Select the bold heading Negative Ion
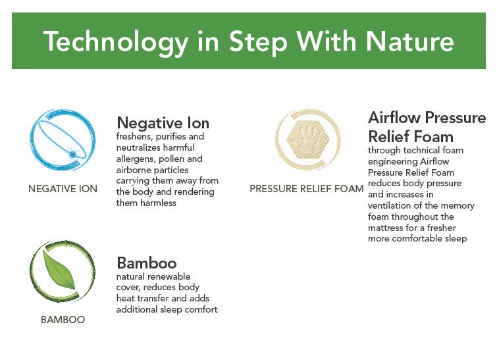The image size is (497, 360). [x=163, y=123]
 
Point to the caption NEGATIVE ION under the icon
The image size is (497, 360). [x=63, y=189]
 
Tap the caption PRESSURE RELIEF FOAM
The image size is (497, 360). [x=307, y=189]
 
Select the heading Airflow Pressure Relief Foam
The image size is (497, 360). [x=427, y=127]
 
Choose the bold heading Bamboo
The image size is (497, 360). [x=146, y=263]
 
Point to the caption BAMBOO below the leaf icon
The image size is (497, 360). [x=63, y=320]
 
